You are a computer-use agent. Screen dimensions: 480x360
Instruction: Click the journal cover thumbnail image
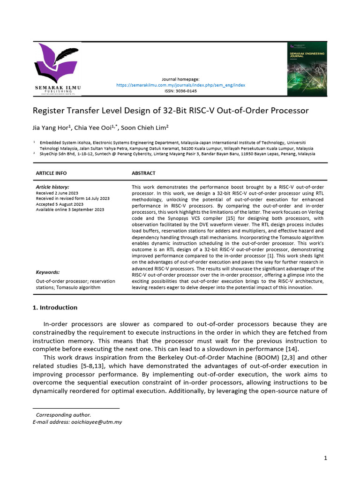pos(307,69)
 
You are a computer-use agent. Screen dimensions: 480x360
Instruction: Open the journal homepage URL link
pos(180,85)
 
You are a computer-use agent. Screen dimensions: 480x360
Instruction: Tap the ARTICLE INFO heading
pos(51,173)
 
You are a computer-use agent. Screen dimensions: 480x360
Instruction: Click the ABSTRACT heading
pos(143,173)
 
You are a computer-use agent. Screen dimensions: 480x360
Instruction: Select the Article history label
pos(52,187)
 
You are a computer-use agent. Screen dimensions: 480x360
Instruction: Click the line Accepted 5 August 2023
pos(60,204)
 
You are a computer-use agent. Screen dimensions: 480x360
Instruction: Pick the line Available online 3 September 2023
pos(70,210)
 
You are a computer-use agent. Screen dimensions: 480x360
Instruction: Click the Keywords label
pos(48,272)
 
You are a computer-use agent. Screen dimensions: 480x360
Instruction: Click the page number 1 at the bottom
pos(325,458)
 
